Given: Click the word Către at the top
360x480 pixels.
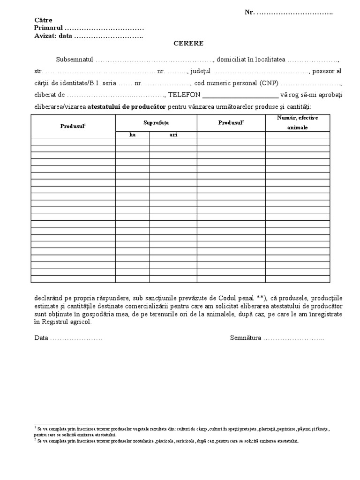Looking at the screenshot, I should point(43,20).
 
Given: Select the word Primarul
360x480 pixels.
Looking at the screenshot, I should point(48,28).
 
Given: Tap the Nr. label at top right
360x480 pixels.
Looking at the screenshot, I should point(250,12).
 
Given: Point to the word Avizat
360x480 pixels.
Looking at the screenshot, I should point(45,36).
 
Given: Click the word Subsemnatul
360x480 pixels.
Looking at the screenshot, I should point(74,60).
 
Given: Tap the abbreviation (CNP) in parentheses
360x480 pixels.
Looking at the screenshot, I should point(267,83).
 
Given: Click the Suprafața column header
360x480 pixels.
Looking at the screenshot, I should point(156,122).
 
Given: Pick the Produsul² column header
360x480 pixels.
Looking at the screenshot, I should point(231,122).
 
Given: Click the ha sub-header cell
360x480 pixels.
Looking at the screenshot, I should point(132,135).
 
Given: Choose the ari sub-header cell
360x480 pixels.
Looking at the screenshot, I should point(173,135).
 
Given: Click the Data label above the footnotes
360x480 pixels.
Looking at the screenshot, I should point(41,338).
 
